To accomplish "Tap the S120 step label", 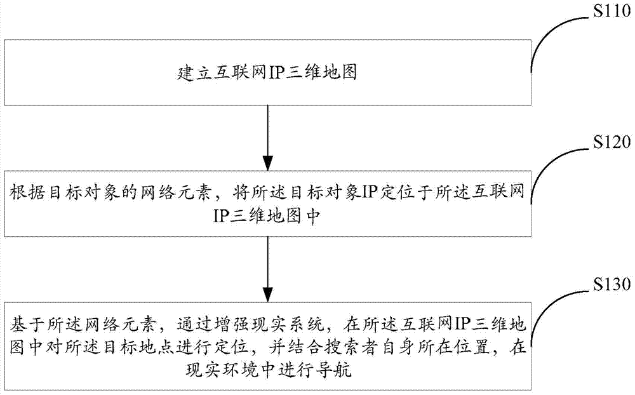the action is point(612,142).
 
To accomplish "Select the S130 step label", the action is point(612,285).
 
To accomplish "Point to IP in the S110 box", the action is point(275,73).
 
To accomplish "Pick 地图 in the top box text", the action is point(340,73).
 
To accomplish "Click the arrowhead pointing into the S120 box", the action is point(268,163).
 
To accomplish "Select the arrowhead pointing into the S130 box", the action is point(268,294).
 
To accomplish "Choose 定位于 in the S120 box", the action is point(405,192).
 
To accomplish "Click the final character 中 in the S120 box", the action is point(312,217).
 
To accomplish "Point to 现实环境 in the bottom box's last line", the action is point(220,370).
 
